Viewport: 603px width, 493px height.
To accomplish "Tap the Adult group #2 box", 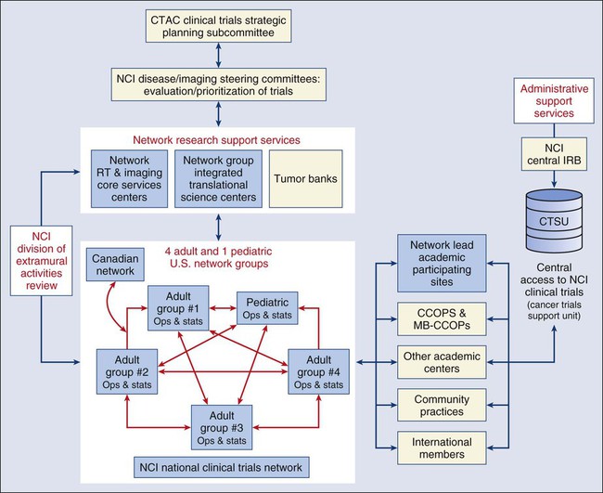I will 126,369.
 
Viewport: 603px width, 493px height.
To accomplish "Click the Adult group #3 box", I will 223,426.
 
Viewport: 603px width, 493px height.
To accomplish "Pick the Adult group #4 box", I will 319,369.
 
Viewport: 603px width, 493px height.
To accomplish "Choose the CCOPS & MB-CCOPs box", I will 441,317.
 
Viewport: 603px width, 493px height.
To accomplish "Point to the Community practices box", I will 441,405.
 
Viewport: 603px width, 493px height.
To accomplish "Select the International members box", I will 441,449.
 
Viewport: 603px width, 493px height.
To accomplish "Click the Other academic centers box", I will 441,361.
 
